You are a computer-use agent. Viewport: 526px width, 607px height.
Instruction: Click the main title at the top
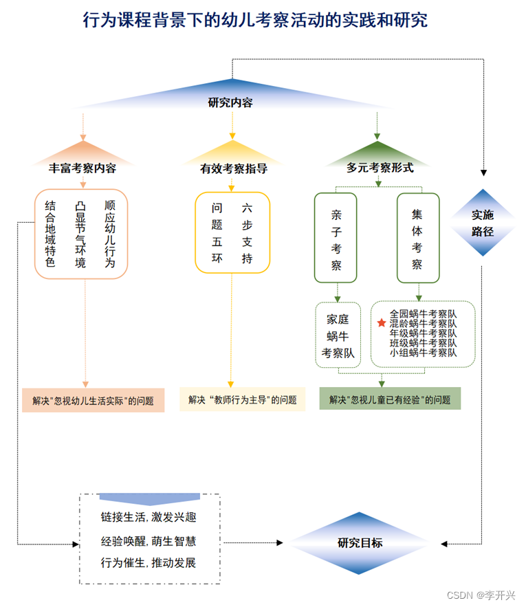255,20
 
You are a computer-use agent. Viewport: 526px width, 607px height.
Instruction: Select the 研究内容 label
230,103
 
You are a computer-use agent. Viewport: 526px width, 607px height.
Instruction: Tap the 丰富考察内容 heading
83,168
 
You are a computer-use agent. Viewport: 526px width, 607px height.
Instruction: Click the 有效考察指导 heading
234,168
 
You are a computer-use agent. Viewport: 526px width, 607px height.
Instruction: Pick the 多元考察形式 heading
380,167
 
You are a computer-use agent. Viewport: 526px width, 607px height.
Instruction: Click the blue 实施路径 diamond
483,223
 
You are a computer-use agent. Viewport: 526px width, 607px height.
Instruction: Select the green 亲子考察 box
336,238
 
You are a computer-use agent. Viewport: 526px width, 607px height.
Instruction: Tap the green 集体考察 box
417,238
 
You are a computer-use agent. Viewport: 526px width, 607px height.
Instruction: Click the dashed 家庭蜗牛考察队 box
338,335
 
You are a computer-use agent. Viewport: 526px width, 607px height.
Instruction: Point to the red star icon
382,322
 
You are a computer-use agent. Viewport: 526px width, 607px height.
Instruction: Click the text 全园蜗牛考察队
423,313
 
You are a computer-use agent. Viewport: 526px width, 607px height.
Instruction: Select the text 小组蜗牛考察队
423,353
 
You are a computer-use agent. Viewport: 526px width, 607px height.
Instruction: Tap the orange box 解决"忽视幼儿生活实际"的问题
93,400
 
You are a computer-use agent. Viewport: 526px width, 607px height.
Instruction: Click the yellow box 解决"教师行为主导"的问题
242,399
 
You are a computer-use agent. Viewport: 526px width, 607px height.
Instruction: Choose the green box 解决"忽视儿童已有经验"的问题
390,399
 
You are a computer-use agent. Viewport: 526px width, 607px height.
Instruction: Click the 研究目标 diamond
360,542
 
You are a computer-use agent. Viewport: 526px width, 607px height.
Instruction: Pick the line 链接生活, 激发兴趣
149,517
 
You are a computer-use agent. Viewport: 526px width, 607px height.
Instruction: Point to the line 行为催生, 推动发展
149,563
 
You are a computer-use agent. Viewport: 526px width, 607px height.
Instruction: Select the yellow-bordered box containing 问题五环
232,232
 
